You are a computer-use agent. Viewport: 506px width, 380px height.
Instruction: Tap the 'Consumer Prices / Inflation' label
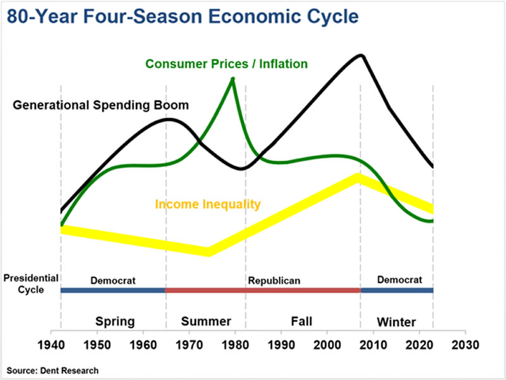point(226,64)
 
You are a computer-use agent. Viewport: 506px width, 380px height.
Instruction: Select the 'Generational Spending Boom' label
point(101,104)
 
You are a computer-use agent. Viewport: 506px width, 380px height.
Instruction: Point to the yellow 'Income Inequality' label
point(208,204)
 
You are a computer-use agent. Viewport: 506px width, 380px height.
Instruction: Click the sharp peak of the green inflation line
point(233,78)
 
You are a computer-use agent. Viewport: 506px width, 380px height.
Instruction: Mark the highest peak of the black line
point(361,55)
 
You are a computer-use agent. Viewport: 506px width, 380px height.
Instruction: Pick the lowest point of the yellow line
point(208,252)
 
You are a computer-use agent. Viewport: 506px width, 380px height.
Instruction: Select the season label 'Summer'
point(206,321)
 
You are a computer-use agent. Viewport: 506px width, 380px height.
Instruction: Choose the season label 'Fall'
point(302,321)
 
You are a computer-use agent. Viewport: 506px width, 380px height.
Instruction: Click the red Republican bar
point(262,290)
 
